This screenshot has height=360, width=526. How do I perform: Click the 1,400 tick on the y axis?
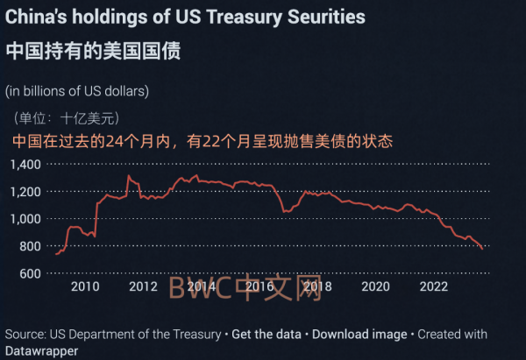pyautogui.click(x=25, y=164)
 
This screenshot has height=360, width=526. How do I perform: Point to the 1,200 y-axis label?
pyautogui.click(x=25, y=191)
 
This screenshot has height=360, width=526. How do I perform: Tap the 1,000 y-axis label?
pyautogui.click(x=25, y=219)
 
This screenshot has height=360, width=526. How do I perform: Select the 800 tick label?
pyautogui.click(x=31, y=246)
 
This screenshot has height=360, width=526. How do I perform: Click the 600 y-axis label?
pyautogui.click(x=31, y=273)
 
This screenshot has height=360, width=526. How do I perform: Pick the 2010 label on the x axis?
pyautogui.click(x=84, y=286)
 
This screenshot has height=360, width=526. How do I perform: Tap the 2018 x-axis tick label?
pyautogui.click(x=316, y=286)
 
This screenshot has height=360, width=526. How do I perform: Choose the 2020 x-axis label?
pyautogui.click(x=375, y=286)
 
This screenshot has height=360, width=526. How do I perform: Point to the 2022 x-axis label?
pyautogui.click(x=434, y=286)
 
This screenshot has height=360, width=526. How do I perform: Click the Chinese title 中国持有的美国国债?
pyautogui.click(x=93, y=50)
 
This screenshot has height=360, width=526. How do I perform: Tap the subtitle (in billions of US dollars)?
pyautogui.click(x=76, y=90)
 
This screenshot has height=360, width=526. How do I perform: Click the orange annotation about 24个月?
pyautogui.click(x=202, y=140)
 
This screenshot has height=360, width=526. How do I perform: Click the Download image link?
pyautogui.click(x=359, y=335)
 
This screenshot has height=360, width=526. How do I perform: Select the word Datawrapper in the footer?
pyautogui.click(x=40, y=350)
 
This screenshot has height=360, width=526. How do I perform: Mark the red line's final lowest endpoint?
pyautogui.click(x=482, y=249)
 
